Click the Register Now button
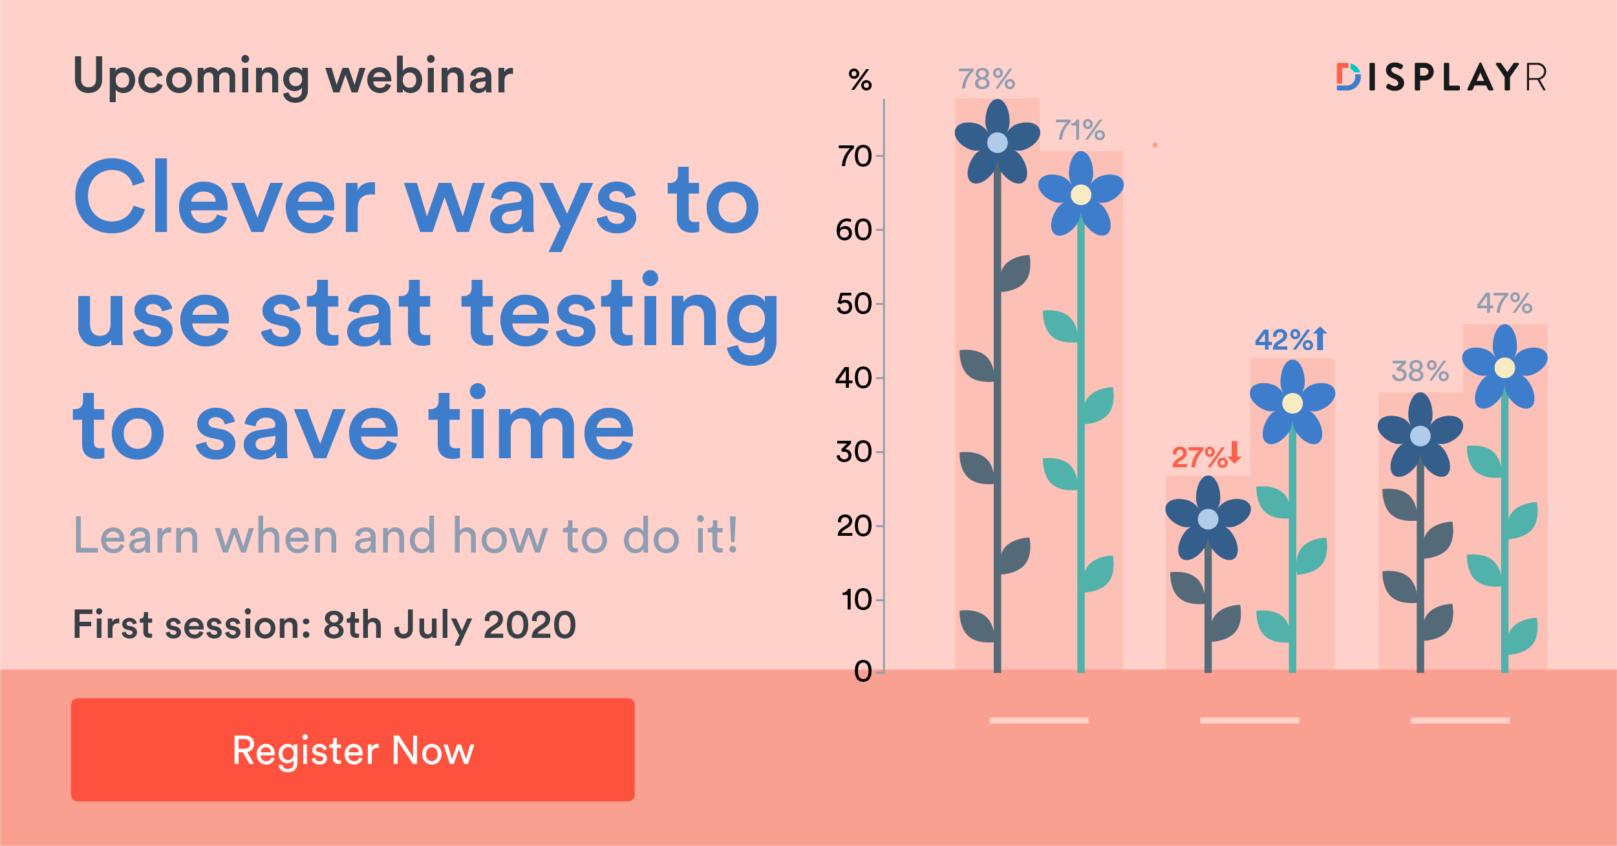click(352, 749)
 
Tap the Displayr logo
click(1441, 78)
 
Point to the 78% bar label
click(987, 79)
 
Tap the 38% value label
click(1420, 372)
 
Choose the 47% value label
click(1505, 303)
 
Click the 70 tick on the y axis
click(854, 156)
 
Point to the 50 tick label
click(854, 304)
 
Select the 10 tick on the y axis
click(857, 600)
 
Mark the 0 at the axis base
click(863, 672)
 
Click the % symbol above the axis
click(860, 80)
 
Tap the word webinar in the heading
click(420, 76)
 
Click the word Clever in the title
click(225, 197)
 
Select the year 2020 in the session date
click(530, 625)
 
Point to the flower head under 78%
click(998, 142)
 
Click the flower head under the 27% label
click(1208, 518)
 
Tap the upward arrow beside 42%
click(1320, 339)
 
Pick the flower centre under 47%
click(1505, 368)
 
